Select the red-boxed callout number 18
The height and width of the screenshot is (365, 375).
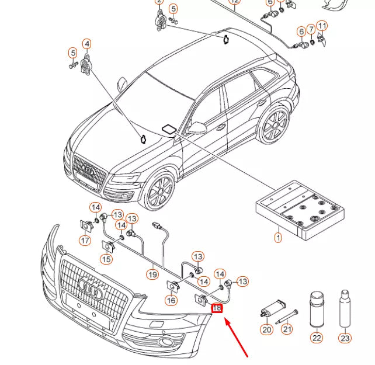[217, 308]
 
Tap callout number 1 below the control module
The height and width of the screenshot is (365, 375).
[278, 237]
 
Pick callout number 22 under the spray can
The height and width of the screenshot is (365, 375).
[317, 337]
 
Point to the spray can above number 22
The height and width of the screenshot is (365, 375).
[317, 306]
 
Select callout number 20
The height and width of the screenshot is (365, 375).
[267, 330]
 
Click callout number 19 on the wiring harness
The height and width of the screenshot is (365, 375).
[152, 273]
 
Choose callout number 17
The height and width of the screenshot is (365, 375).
[85, 240]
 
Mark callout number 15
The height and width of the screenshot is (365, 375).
[106, 259]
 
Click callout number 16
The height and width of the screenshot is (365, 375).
[171, 300]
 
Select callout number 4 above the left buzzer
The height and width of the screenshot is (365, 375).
[86, 44]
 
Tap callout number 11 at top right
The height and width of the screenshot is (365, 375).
[322, 26]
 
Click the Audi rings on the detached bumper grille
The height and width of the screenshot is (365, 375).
[91, 287]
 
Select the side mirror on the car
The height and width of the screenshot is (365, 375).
[199, 127]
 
